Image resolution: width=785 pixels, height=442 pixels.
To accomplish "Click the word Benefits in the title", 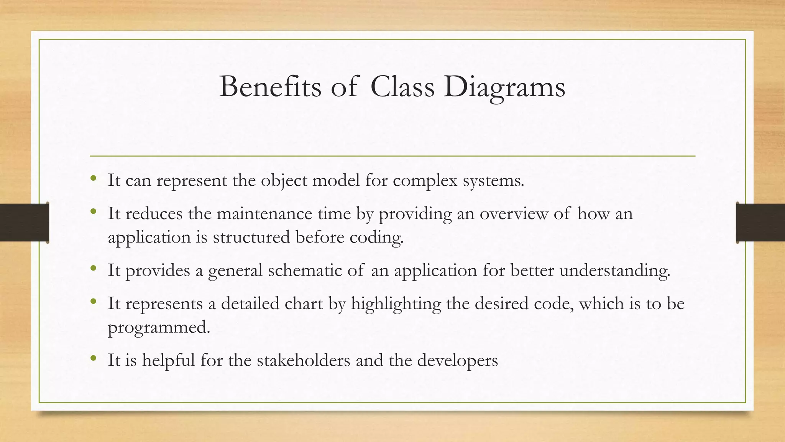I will pyautogui.click(x=270, y=87).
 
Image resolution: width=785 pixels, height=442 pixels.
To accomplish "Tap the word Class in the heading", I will pyautogui.click(x=402, y=87).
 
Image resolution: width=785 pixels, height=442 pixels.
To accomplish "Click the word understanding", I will pyautogui.click(x=615, y=270).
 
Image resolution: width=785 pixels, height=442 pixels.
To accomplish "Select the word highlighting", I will pyautogui.click(x=396, y=304).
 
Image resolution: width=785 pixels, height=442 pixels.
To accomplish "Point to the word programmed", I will pyautogui.click(x=159, y=327).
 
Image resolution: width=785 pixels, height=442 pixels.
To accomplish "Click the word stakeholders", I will pyautogui.click(x=304, y=360).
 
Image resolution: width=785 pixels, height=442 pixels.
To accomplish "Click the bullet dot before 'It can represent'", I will pyautogui.click(x=93, y=178).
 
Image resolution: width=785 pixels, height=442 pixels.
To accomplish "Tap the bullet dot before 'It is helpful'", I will pyautogui.click(x=93, y=358).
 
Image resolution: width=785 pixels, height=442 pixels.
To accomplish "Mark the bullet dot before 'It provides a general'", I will pyautogui.click(x=93, y=268).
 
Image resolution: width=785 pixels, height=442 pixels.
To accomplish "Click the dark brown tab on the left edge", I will pyautogui.click(x=24, y=223).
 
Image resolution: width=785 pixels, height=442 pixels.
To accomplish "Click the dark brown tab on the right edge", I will pyautogui.click(x=760, y=223).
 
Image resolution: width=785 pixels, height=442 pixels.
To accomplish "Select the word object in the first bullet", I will pyautogui.click(x=284, y=181).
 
